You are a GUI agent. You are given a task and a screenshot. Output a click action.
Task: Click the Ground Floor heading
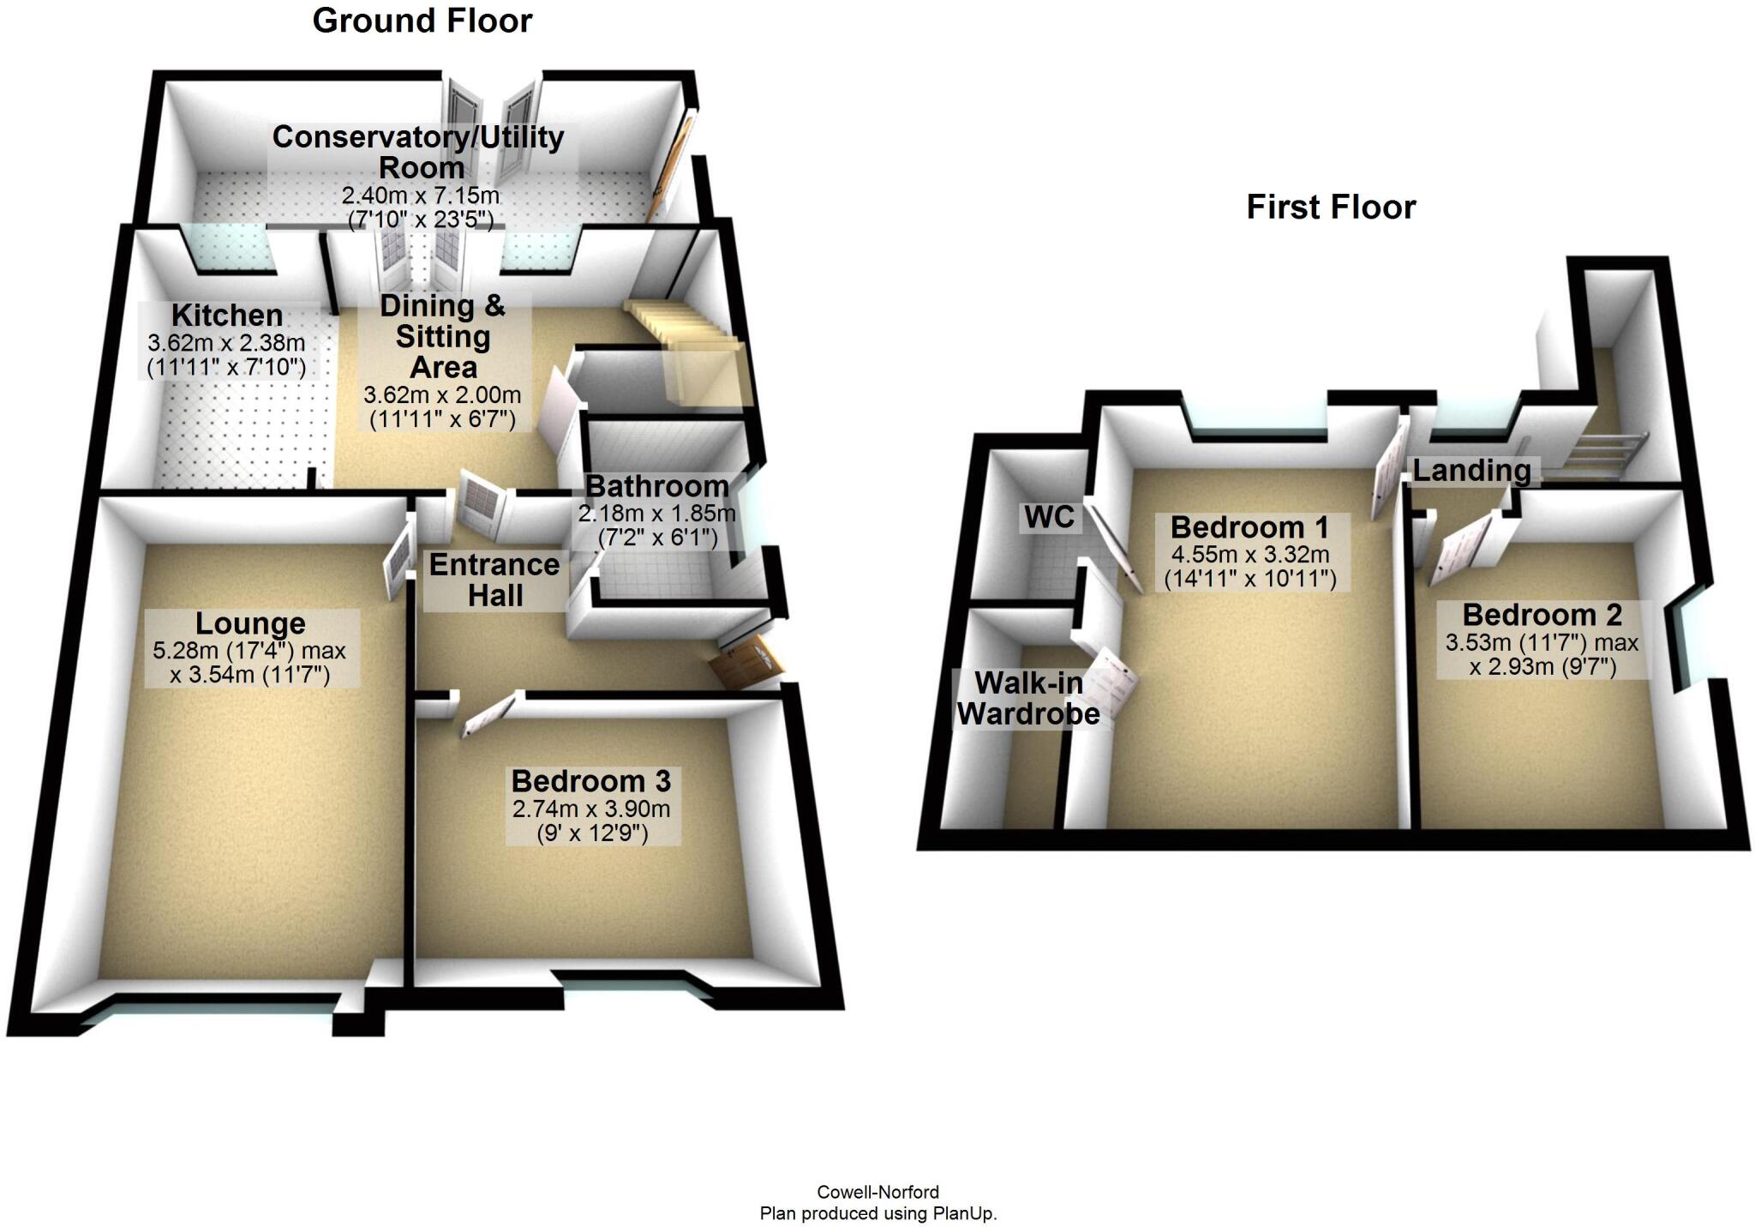point(422,21)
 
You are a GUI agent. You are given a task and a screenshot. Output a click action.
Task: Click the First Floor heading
point(1331,207)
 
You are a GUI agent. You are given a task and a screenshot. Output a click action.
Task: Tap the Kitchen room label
point(227,315)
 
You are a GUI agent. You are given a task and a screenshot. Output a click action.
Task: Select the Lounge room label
point(250,623)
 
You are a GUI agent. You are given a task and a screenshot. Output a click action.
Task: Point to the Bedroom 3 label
point(591,781)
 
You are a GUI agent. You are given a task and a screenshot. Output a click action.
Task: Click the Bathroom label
point(657,486)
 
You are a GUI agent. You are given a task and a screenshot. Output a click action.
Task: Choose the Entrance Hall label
point(494,580)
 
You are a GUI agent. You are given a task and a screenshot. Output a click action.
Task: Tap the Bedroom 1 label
point(1249,526)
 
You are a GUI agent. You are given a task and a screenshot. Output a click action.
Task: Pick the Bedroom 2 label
point(1542,615)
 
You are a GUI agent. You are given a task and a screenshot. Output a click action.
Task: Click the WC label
point(1050,517)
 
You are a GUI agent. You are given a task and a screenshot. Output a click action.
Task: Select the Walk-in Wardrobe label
point(1028,698)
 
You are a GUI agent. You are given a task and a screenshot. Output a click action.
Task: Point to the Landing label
point(1471,471)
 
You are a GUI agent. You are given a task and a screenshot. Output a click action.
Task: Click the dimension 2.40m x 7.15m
point(421,195)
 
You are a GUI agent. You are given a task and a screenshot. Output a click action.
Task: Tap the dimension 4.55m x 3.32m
point(1250,555)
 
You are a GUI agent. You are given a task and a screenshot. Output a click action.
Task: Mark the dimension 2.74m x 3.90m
point(591,809)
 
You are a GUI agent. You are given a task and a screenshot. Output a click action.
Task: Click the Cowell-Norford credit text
point(877,1192)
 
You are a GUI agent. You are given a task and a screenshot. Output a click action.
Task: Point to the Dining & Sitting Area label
point(443,336)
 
